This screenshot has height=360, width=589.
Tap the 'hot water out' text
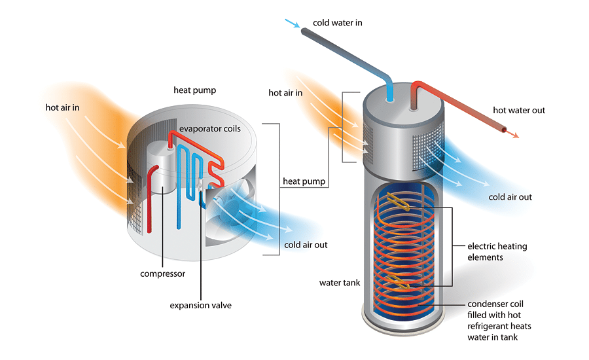coord(519,111)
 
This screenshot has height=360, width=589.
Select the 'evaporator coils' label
coord(210,129)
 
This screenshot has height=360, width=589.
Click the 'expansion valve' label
coord(200,305)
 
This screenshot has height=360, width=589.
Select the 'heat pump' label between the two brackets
coord(304,181)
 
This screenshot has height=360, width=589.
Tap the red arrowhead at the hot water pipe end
coord(515,135)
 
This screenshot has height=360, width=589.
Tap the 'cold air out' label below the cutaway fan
coord(306,245)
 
